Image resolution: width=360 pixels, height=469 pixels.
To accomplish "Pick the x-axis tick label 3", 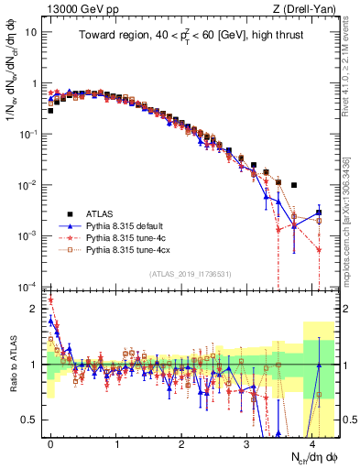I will coord(247,442).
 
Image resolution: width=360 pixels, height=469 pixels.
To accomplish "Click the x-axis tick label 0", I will coord(50,442).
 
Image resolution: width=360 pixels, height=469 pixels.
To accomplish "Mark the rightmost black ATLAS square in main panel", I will coord(319,213).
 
